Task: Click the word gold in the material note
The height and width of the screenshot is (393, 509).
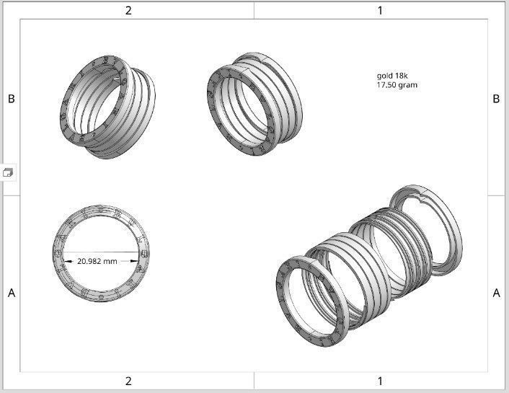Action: click(x=385, y=76)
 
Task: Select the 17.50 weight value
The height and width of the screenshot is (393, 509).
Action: click(x=386, y=85)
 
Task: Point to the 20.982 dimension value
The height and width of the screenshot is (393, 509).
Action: click(x=89, y=261)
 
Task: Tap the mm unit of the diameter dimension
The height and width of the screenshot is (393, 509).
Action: click(x=110, y=261)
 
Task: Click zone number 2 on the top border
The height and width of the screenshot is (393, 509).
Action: click(x=128, y=10)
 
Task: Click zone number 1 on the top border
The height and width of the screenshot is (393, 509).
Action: click(x=380, y=10)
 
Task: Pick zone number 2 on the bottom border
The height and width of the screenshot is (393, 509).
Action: click(x=128, y=381)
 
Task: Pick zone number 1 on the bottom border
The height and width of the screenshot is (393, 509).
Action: click(x=380, y=381)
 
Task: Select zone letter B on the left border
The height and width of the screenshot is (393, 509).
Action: click(x=11, y=99)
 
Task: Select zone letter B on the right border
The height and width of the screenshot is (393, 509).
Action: click(x=496, y=99)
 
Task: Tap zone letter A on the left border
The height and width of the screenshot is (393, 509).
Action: click(x=11, y=293)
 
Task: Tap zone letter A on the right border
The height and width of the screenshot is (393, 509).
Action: click(x=496, y=293)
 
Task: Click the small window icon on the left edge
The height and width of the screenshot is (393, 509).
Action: click(x=8, y=172)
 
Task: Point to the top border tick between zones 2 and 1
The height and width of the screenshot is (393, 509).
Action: click(x=254, y=10)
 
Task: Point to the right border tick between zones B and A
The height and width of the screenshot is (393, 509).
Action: click(x=496, y=195)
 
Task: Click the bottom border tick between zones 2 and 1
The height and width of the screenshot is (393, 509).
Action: click(x=254, y=380)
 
